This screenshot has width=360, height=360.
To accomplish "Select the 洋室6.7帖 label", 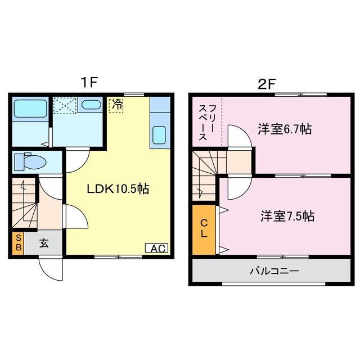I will tap(285, 129).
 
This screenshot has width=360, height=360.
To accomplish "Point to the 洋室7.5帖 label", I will tap(287, 216).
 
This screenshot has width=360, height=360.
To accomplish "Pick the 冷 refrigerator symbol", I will tap(116, 105).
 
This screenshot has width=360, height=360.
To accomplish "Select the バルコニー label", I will tap(274, 271).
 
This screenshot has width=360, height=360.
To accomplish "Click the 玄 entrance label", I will tap(44, 244).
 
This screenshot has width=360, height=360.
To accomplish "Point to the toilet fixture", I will tap(31, 162).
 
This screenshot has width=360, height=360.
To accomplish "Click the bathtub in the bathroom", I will tap(30, 108).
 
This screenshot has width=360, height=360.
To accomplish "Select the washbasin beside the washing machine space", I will tap(91, 105).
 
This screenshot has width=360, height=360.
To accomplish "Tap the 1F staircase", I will tap(24, 204).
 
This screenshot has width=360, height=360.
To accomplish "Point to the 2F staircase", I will tap(205, 174).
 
